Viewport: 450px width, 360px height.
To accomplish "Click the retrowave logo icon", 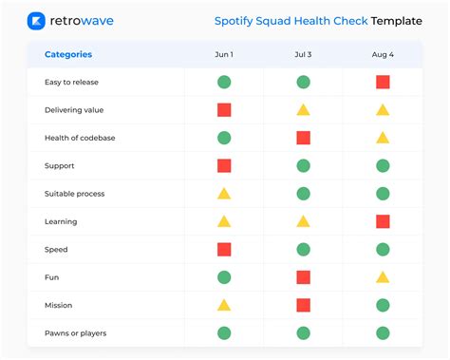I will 37,21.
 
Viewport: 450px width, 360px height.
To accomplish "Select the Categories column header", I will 68,54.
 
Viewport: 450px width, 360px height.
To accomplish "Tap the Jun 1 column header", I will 224,54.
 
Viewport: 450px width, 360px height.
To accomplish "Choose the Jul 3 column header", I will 303,54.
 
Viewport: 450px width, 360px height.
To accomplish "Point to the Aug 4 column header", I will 383,54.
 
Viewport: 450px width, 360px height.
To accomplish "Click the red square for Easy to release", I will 383,82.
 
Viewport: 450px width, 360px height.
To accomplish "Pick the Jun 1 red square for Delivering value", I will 224,110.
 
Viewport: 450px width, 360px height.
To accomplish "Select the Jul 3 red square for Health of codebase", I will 303,138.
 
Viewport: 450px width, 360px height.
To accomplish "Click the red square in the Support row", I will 224,165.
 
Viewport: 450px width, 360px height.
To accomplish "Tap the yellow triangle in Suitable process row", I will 224,194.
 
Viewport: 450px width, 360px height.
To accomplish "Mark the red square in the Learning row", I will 383,221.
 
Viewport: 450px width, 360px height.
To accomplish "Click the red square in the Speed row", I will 224,249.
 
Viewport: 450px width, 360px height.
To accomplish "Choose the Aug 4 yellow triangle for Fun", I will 383,277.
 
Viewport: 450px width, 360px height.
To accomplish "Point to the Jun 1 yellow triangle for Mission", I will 224,305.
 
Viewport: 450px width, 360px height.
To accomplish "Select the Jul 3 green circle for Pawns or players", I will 303,333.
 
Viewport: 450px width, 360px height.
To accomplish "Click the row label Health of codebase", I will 79,138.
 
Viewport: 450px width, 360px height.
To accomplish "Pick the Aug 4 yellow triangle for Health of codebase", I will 383,138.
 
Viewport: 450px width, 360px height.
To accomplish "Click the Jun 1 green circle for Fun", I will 224,277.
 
